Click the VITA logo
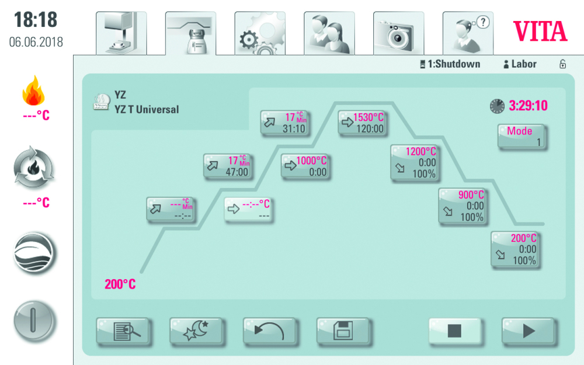click(540, 31)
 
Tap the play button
click(528, 331)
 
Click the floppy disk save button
click(343, 331)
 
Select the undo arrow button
click(270, 331)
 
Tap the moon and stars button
click(196, 331)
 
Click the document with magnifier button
click(123, 331)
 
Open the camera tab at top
click(398, 34)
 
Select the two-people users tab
click(329, 34)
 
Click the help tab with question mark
click(467, 34)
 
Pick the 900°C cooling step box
click(463, 206)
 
